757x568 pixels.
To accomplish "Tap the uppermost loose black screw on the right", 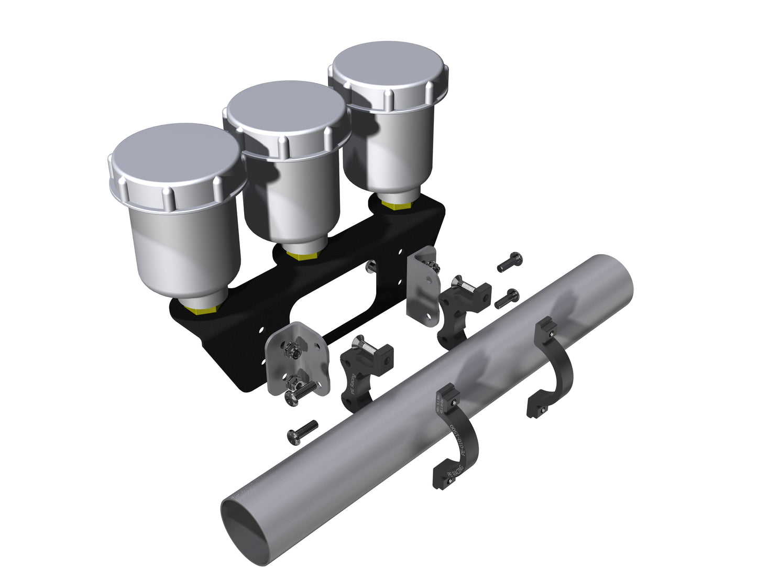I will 509,261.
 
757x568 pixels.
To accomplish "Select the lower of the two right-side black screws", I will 507,298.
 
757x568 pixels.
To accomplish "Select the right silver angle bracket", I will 421,288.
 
